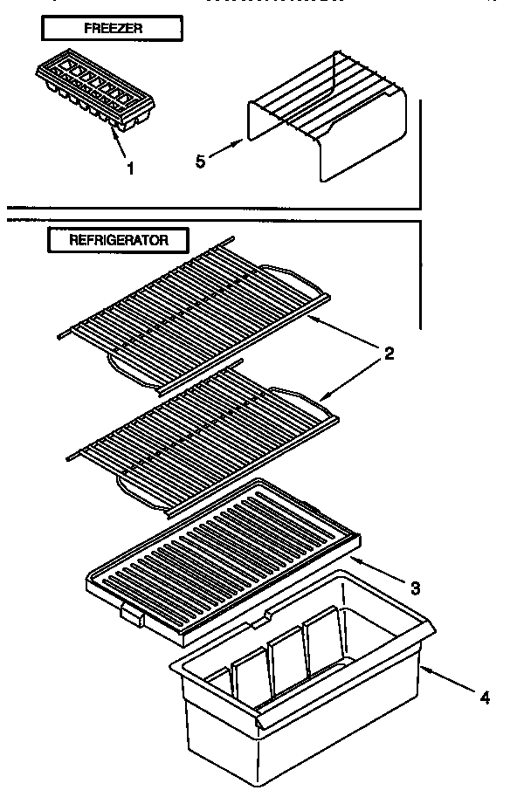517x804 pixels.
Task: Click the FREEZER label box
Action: [113, 29]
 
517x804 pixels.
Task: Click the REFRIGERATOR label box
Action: [118, 239]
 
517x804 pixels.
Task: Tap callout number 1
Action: [131, 169]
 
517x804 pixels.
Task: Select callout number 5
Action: [200, 161]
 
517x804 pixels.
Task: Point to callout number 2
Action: [389, 354]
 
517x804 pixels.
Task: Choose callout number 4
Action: [484, 697]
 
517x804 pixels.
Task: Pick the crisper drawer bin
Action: [297, 690]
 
